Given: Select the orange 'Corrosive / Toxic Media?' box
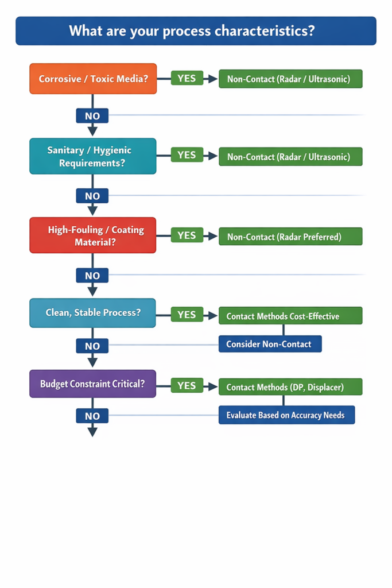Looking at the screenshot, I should point(93,79).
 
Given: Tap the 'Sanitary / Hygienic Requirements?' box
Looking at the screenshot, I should point(93,156).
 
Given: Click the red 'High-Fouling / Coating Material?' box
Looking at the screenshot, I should point(93,235).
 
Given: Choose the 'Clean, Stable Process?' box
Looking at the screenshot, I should point(93,313).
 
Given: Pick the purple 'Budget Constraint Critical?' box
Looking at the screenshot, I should point(93,384).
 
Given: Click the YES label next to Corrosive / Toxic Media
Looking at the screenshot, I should point(187,78).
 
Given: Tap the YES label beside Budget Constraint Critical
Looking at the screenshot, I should point(187,386).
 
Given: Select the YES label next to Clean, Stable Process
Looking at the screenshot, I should point(187,315).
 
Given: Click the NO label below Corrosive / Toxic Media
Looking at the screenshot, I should point(92,115).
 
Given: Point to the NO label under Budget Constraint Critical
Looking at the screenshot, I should point(92,416).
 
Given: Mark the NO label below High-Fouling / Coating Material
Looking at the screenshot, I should point(92,276).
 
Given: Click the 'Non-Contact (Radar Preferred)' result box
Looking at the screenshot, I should point(290,237).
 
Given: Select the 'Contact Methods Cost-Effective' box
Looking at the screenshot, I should point(290,316).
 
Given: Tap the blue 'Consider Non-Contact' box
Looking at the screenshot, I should point(270,344).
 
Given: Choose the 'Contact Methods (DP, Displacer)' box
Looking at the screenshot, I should point(290,387).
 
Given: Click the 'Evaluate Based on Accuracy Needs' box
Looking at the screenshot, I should point(286,415).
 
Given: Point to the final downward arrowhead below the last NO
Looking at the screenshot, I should point(92,432).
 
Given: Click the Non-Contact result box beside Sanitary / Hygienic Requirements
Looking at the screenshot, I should point(290,157).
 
